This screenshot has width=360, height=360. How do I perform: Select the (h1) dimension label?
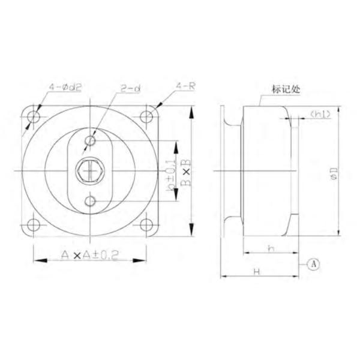[318, 114]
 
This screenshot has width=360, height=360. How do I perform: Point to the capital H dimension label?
[256, 272]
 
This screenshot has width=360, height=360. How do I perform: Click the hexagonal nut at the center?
[90, 170]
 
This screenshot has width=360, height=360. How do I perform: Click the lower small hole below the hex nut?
[90, 200]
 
